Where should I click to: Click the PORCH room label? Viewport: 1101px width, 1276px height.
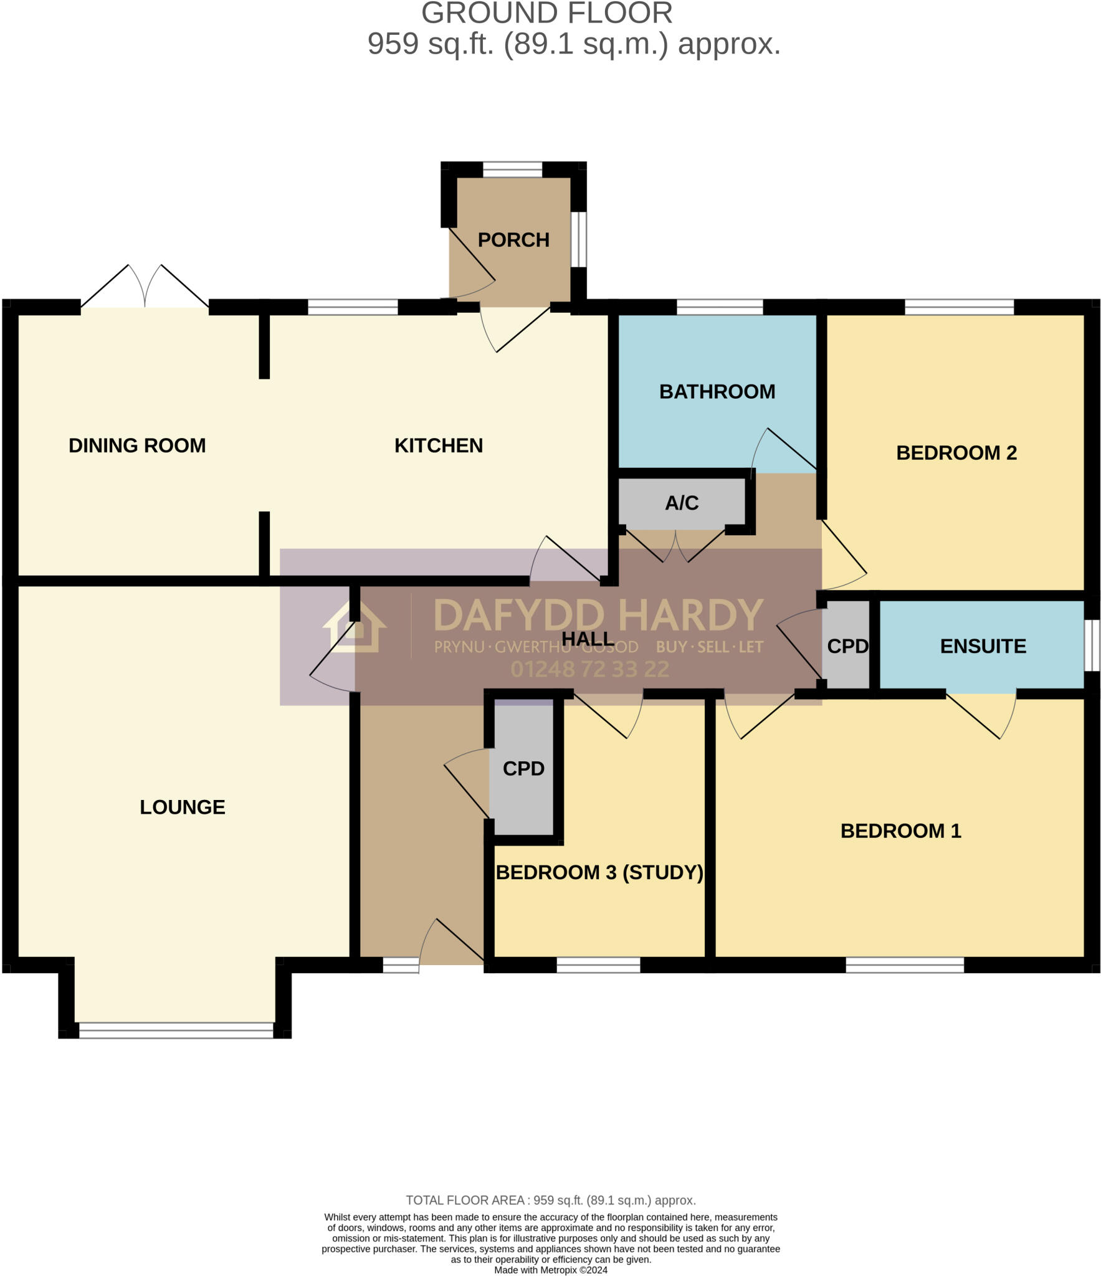point(513,240)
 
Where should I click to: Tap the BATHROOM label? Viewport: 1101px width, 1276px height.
point(717,391)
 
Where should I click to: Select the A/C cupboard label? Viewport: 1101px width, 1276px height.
point(682,503)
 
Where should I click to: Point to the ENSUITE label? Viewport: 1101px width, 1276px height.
point(983,646)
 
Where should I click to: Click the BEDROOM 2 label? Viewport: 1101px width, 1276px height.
point(956,452)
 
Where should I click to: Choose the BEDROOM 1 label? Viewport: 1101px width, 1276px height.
point(900,831)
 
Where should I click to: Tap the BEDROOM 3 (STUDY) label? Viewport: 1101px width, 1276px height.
point(599,872)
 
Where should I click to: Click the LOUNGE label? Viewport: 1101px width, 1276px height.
point(182,807)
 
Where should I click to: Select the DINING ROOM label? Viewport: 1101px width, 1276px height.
point(137,445)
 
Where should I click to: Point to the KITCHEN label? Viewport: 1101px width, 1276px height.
point(439,445)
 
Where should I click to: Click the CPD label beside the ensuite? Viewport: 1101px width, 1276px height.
point(847,646)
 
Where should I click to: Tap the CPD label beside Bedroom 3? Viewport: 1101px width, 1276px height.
point(523,768)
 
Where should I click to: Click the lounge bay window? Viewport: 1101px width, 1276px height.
point(176,1031)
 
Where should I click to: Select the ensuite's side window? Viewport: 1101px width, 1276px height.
point(1091,645)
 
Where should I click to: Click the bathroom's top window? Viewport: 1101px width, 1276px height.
point(720,307)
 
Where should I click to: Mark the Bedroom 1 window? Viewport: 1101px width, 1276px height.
point(905,964)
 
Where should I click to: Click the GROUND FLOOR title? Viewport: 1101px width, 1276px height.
point(547,14)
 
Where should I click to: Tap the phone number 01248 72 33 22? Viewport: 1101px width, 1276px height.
point(589,669)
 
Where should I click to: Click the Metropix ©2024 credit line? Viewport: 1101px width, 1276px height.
point(550,1270)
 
